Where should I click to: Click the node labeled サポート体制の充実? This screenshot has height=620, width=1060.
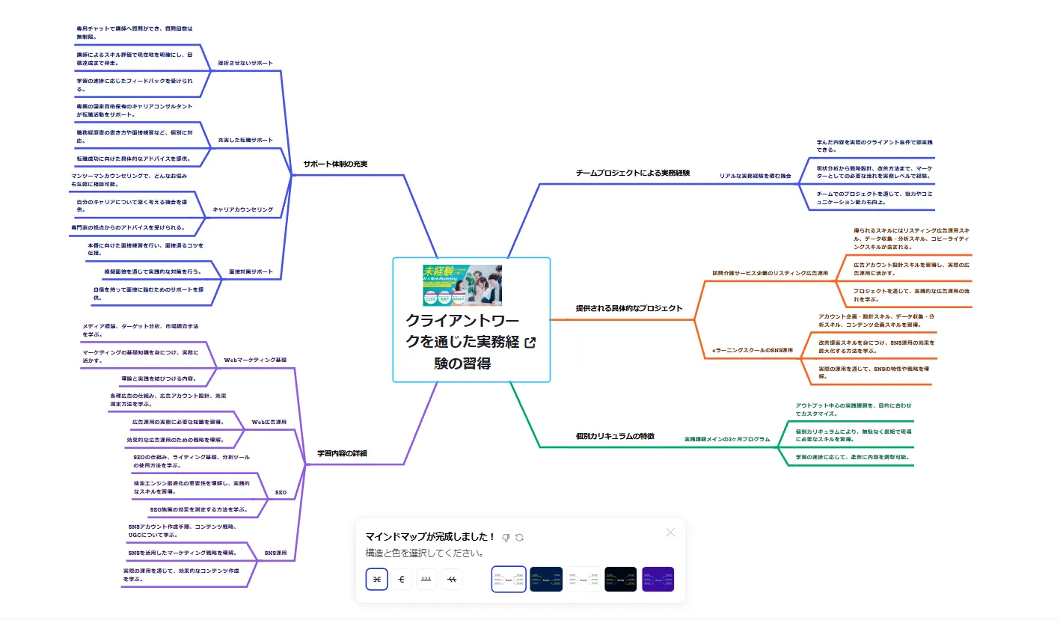(x=335, y=164)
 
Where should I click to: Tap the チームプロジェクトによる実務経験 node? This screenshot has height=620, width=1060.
(x=632, y=173)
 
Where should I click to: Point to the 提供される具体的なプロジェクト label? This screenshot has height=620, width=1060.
(x=628, y=308)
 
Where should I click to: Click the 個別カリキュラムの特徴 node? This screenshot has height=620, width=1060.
(x=615, y=435)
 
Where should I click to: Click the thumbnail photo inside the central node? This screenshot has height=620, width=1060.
(x=462, y=285)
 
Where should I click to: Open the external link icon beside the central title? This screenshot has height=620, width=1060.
(x=530, y=343)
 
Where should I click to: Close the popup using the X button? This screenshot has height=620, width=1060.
(x=670, y=532)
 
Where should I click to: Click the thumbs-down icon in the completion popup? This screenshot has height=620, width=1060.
(x=506, y=537)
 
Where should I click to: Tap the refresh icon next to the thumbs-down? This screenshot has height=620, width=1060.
(x=519, y=537)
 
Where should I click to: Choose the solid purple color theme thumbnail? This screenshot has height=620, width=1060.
(x=658, y=579)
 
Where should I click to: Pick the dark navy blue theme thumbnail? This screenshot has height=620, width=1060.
(x=546, y=579)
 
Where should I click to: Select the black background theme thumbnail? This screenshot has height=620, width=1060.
(x=620, y=579)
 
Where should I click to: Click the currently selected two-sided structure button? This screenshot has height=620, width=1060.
(x=376, y=579)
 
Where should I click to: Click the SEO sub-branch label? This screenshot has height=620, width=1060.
(x=281, y=493)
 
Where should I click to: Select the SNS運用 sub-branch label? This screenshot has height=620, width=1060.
(x=275, y=553)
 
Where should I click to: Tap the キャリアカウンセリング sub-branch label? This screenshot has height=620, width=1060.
(x=243, y=209)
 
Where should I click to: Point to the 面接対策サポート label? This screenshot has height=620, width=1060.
(x=250, y=271)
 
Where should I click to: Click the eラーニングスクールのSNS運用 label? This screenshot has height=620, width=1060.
(x=752, y=349)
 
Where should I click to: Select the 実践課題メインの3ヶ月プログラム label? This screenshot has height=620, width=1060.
(x=726, y=440)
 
